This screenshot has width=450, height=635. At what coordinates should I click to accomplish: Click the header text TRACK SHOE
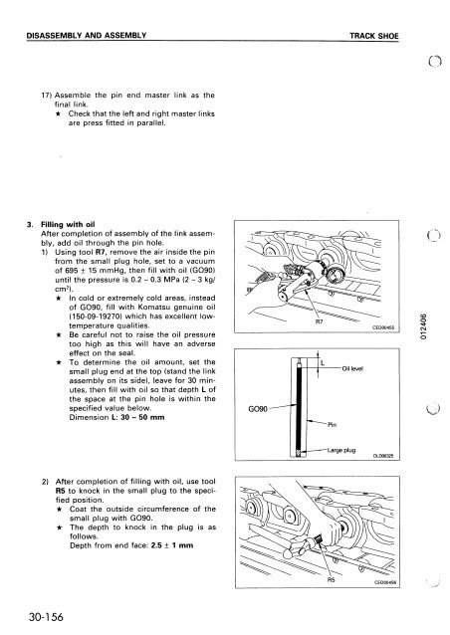374,36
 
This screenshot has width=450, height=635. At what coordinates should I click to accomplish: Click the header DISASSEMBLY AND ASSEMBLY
87,35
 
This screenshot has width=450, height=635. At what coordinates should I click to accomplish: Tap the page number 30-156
46,617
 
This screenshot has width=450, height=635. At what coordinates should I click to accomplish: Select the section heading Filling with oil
68,224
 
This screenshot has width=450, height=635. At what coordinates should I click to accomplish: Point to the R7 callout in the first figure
319,322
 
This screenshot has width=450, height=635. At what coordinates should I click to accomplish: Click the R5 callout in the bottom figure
332,579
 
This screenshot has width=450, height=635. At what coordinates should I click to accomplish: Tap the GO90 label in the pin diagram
258,409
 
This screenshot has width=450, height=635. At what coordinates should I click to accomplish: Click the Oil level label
352,368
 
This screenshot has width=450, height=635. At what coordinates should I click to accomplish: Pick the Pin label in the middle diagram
332,424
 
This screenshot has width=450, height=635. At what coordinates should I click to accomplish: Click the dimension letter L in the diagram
323,362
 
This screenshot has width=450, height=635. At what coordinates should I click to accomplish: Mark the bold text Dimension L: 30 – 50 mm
117,417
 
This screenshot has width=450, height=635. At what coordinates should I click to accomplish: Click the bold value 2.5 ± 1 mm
172,545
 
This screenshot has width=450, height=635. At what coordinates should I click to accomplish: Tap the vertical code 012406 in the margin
423,326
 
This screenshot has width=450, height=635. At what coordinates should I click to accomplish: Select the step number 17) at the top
46,96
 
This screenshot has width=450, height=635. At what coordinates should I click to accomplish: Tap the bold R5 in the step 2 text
60,491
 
